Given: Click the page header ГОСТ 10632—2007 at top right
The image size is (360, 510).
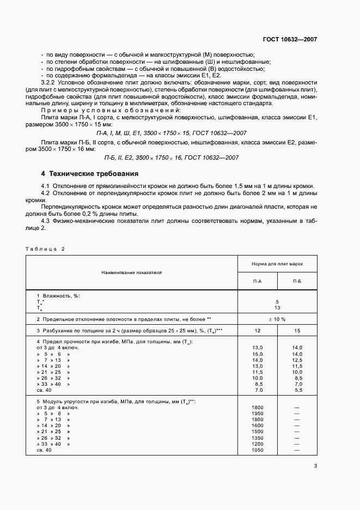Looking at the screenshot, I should pos(290,40).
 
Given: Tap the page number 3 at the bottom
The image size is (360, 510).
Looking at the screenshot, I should pos(315,466).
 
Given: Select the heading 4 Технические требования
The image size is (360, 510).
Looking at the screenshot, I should pos(90,174).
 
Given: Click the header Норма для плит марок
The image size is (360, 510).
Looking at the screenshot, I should pos(277,263).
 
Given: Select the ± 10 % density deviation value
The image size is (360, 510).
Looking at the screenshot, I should pos(277,319).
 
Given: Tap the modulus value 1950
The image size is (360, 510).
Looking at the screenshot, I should pos(258,414).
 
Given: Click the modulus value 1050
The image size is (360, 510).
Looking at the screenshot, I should pos(258,451).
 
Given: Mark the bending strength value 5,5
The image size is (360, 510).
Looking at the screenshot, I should pos(297,391).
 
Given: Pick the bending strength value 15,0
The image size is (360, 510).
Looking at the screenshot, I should pos(258,354).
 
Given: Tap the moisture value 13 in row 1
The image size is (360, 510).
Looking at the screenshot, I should pos(277,307).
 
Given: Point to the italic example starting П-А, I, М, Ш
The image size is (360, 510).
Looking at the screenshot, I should pos(172,132).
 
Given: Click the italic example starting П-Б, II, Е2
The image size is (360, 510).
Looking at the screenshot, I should pos(172,158).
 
